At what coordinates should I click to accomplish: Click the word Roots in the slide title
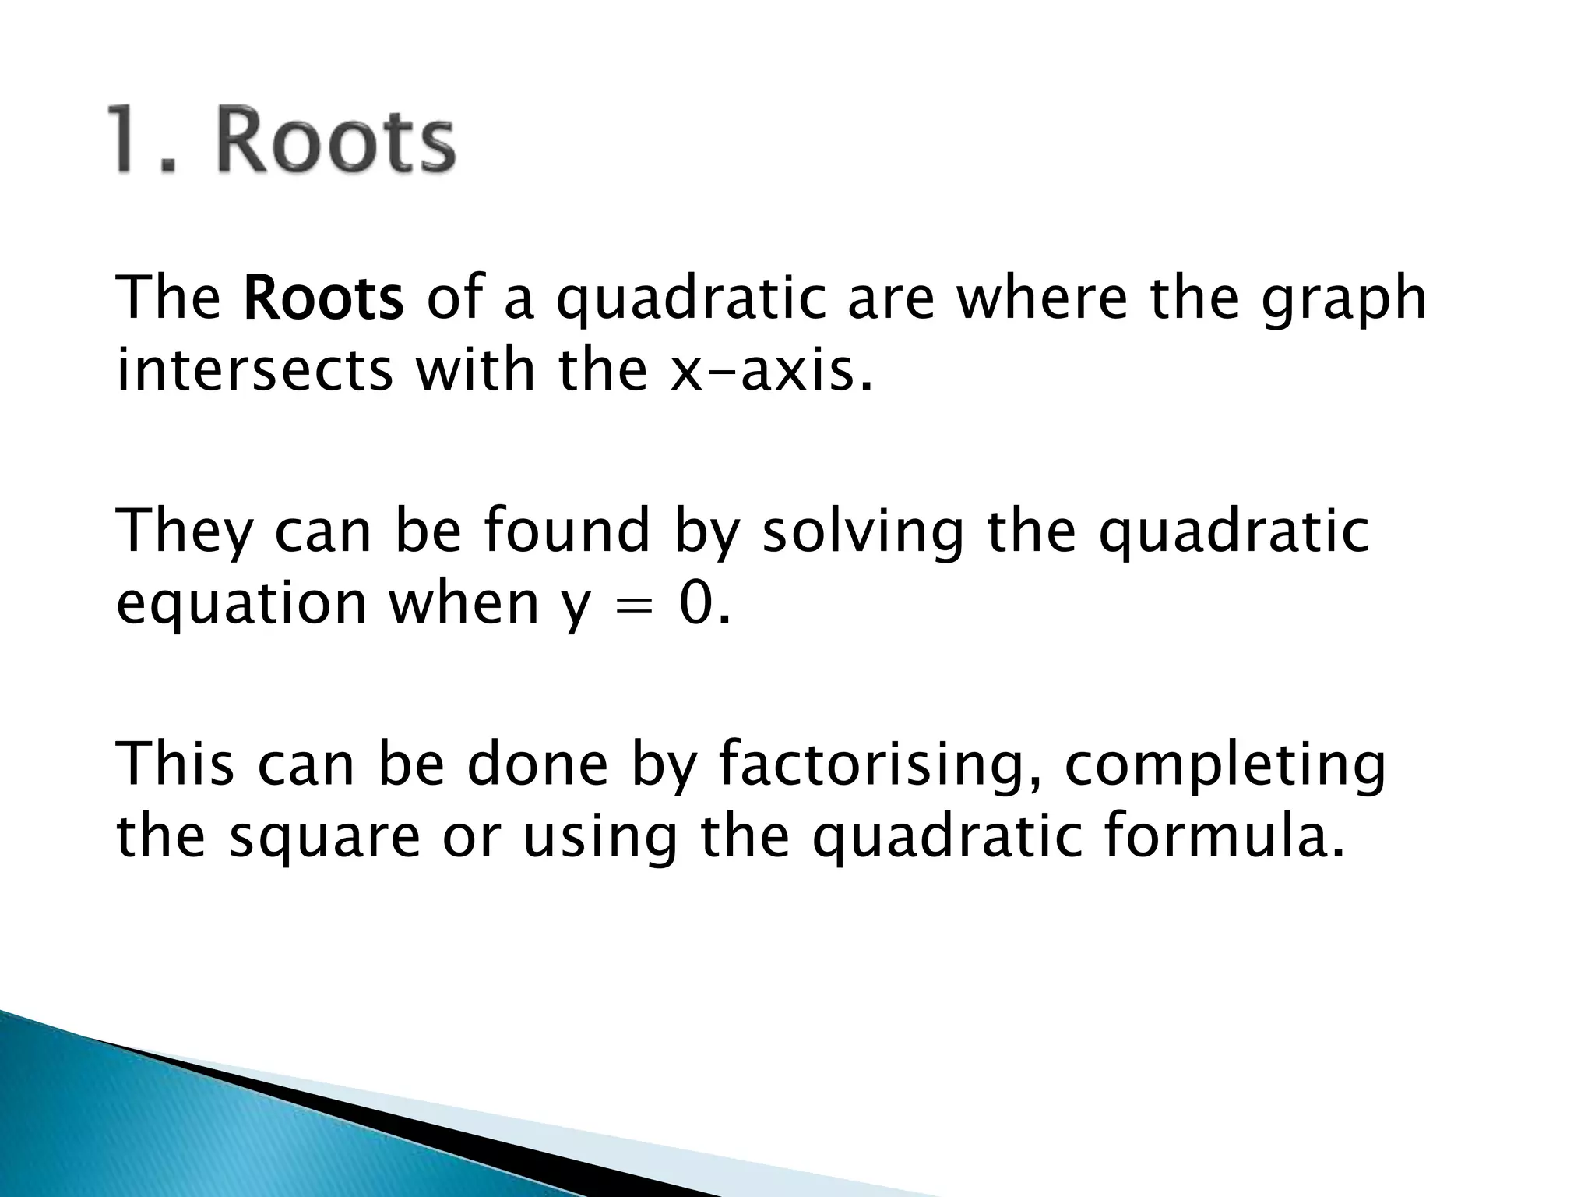[x=335, y=140]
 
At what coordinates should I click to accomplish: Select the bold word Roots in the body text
[x=323, y=298]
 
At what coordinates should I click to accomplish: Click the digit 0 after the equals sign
[x=695, y=603]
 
